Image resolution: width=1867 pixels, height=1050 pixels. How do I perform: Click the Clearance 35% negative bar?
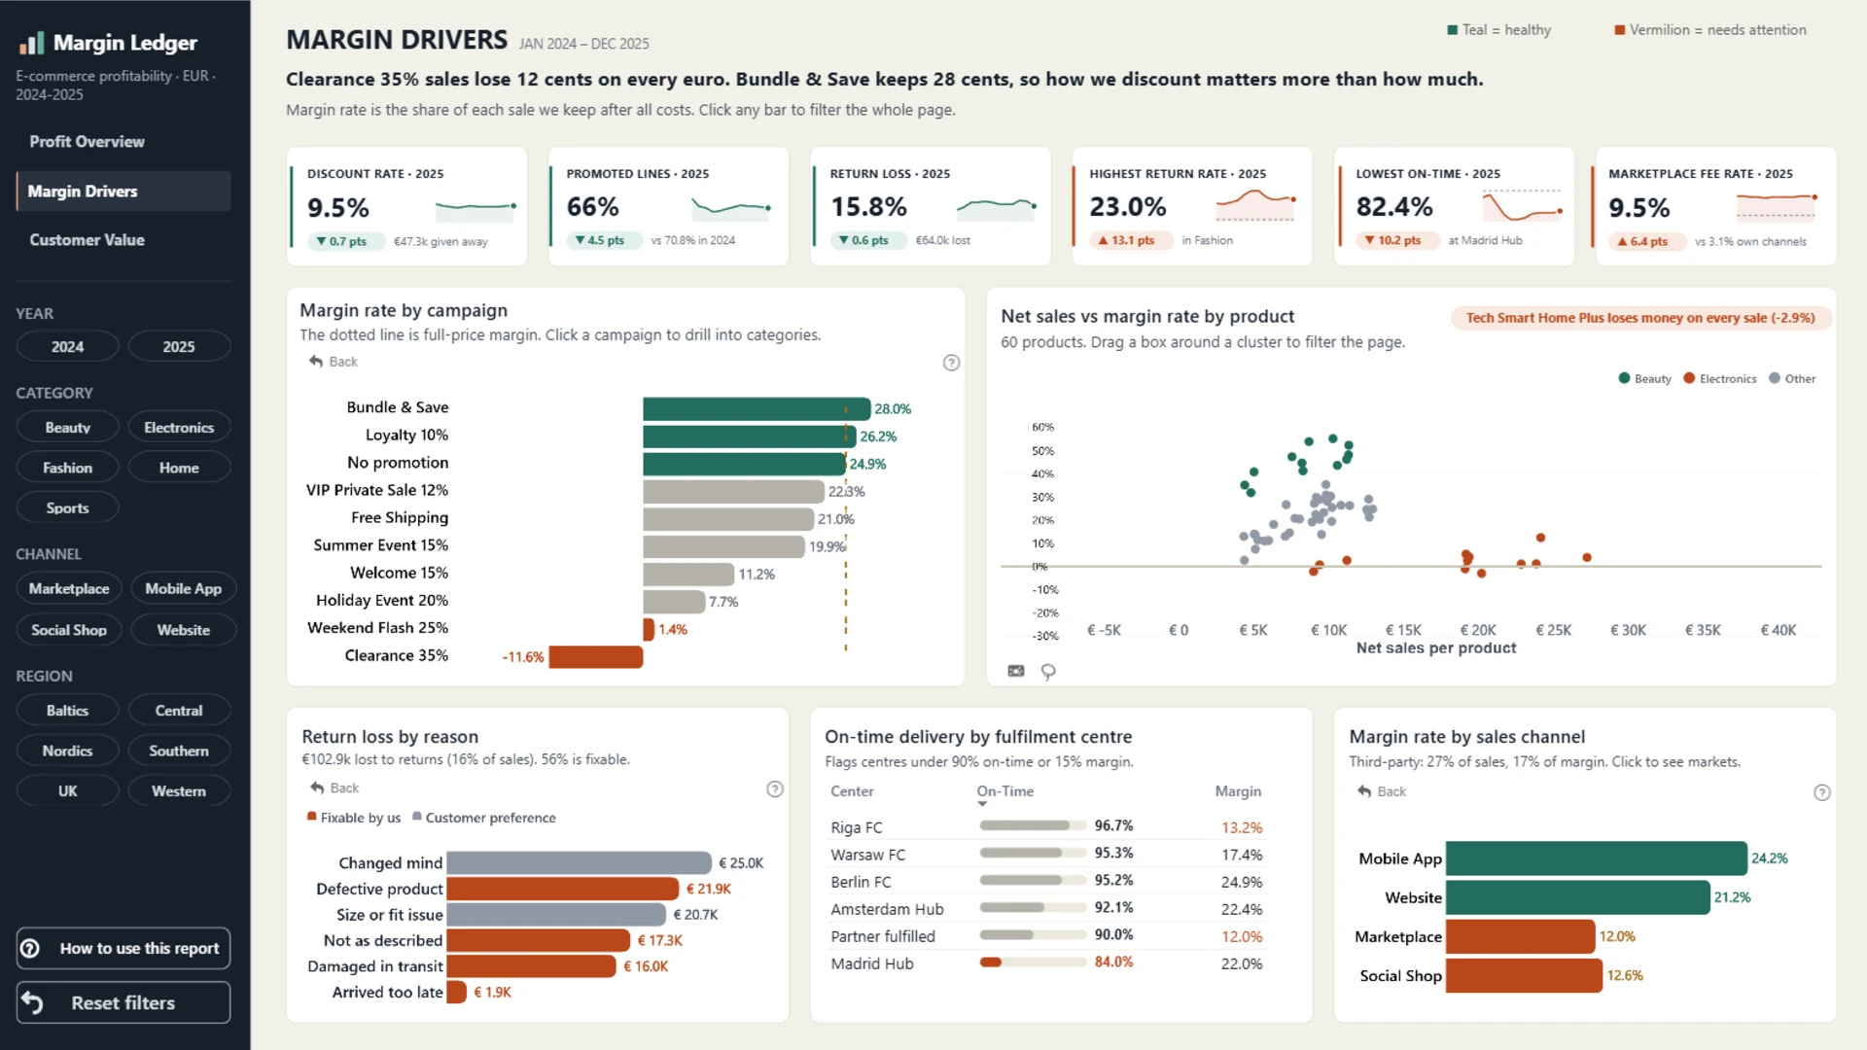[x=595, y=657]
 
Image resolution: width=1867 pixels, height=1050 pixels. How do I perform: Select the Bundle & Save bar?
[x=757, y=408]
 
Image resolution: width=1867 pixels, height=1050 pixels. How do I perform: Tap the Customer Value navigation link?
[x=87, y=240]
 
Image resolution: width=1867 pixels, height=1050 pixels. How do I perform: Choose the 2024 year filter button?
[x=68, y=347]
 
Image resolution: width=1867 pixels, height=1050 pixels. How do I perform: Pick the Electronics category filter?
[x=179, y=428]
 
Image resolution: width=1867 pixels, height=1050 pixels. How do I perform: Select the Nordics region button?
[x=68, y=752]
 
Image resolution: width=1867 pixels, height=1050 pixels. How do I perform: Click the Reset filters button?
[x=123, y=1002]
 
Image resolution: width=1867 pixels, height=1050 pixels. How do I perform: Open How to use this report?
[x=123, y=949]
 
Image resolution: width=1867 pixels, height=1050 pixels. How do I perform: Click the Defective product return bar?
[x=562, y=889]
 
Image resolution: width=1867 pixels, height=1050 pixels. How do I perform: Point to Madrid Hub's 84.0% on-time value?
[x=1113, y=962]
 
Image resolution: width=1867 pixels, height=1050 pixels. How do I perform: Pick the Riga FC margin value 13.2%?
[x=1242, y=828]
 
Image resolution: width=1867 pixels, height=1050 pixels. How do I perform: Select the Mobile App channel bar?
[x=1596, y=858]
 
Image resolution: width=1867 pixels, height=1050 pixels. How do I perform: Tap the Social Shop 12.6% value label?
[x=1625, y=976]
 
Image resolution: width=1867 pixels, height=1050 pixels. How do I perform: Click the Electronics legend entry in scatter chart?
[x=1720, y=379]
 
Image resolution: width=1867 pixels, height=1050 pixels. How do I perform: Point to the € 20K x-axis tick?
[x=1478, y=630]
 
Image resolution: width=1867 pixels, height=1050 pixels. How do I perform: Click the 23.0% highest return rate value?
[x=1127, y=207]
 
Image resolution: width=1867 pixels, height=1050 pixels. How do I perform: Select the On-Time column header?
[x=1004, y=791]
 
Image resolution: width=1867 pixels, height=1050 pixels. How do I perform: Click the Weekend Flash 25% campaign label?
[x=377, y=628]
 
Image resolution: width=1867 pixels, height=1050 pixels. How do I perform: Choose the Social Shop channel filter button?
[x=69, y=630]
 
